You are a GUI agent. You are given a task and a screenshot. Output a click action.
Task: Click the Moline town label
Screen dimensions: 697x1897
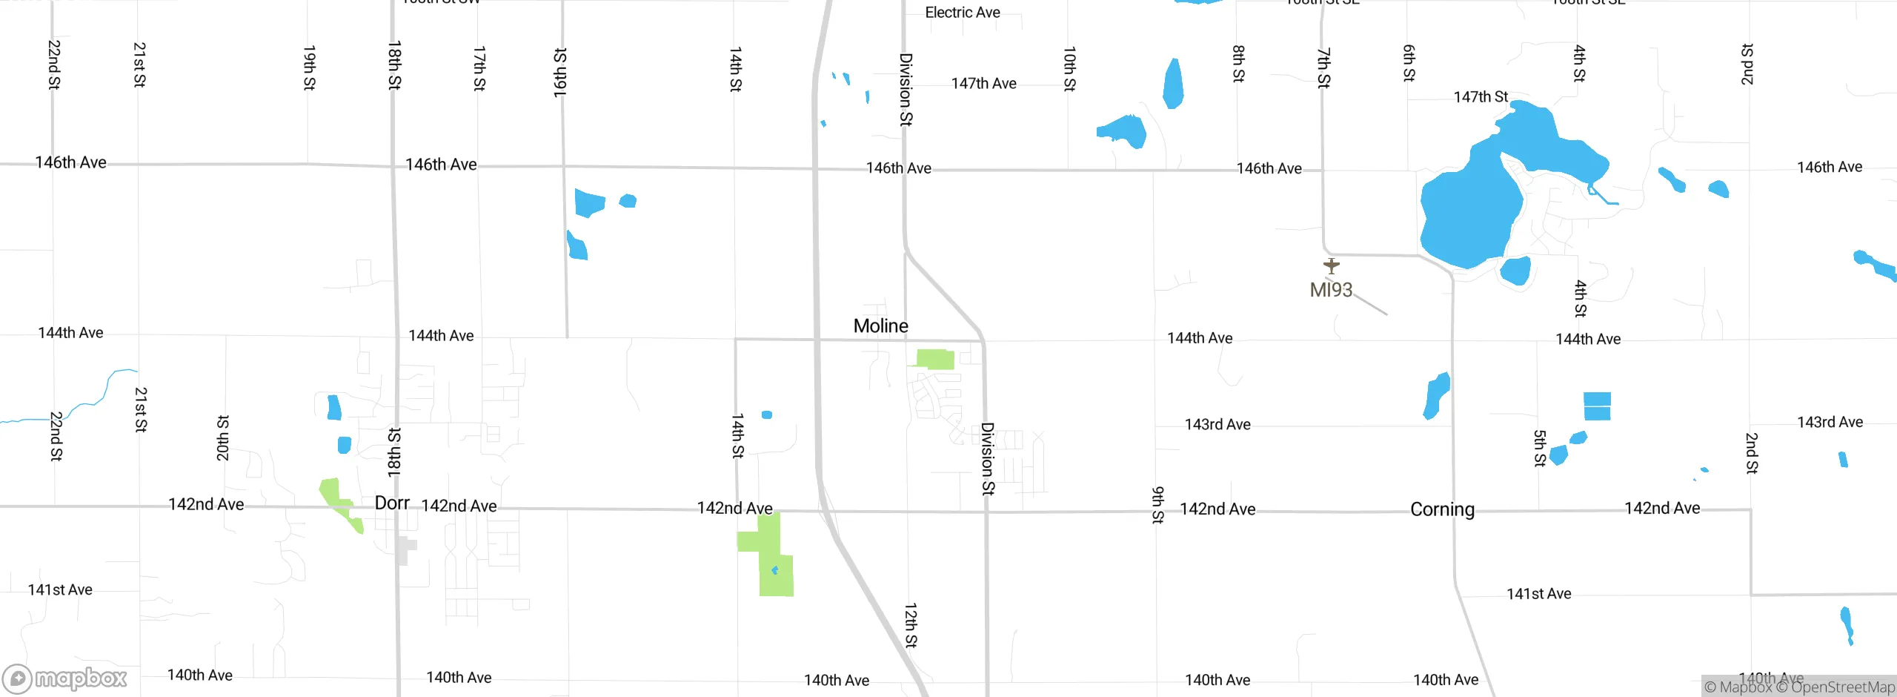tap(880, 326)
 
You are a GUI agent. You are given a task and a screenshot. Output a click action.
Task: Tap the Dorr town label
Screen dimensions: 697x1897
tap(392, 503)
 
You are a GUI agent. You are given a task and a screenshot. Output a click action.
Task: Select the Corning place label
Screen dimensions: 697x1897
tap(1442, 509)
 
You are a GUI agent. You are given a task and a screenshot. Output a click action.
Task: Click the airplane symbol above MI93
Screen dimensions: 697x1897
tap(1332, 265)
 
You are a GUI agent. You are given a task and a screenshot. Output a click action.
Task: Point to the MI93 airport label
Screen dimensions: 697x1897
tap(1331, 290)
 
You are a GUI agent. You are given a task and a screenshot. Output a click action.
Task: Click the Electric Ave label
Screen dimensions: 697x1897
tap(963, 13)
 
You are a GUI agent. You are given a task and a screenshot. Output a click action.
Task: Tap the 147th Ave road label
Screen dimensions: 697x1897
tap(983, 84)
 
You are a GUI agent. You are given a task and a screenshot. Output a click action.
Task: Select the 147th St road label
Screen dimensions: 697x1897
tap(1481, 97)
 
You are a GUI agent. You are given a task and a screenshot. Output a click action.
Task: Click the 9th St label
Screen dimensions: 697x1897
tap(1157, 505)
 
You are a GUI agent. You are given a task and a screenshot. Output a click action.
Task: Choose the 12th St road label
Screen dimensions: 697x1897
tap(911, 625)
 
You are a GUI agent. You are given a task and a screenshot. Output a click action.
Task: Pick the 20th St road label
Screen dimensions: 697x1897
tap(222, 438)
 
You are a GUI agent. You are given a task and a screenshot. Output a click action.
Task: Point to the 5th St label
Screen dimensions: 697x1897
tap(1540, 448)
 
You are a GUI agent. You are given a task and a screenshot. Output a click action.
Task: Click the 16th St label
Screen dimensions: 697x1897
tap(560, 73)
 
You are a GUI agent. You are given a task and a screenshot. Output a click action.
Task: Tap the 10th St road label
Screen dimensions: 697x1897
tap(1069, 69)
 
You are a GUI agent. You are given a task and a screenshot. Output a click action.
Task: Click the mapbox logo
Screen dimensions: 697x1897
tap(65, 678)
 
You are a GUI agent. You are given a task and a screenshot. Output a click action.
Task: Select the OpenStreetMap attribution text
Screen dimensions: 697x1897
tap(1842, 687)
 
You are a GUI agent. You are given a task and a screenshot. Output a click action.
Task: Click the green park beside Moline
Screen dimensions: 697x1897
tap(935, 359)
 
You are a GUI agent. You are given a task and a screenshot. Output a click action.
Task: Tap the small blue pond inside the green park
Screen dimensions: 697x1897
tap(774, 570)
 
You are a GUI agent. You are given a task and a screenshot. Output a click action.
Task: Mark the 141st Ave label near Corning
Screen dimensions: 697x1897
tap(1538, 594)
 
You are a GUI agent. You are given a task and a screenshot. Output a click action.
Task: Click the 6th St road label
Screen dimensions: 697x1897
tap(1409, 63)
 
